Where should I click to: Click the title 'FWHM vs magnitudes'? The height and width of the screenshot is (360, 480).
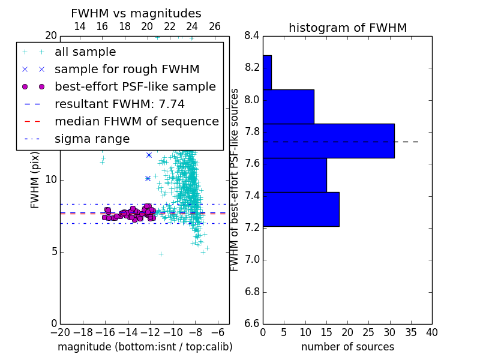[x=136, y=13]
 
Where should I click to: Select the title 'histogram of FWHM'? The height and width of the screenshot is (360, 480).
[x=348, y=28]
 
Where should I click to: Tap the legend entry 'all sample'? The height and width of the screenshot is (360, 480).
[x=85, y=52]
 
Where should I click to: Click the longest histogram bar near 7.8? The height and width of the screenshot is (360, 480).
[x=329, y=141]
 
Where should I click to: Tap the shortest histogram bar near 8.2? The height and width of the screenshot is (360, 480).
[x=267, y=73]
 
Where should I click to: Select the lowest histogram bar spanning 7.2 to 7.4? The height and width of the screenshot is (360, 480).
[x=301, y=209]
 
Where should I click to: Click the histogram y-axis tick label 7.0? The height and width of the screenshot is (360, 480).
[x=251, y=260]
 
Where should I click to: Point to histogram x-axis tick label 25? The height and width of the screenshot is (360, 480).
[x=368, y=332]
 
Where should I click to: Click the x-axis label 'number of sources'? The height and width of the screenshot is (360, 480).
[x=348, y=347]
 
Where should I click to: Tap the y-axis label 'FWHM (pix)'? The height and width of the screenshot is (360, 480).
[x=35, y=180]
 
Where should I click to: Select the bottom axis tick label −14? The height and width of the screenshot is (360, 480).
[x=128, y=332]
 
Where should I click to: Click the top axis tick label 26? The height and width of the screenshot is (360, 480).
[x=215, y=26]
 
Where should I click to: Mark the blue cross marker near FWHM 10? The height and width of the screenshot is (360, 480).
[x=148, y=178]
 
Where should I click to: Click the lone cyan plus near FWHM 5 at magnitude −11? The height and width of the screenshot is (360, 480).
[x=161, y=254]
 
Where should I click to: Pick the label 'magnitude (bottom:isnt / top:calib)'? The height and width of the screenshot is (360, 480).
[x=145, y=347]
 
